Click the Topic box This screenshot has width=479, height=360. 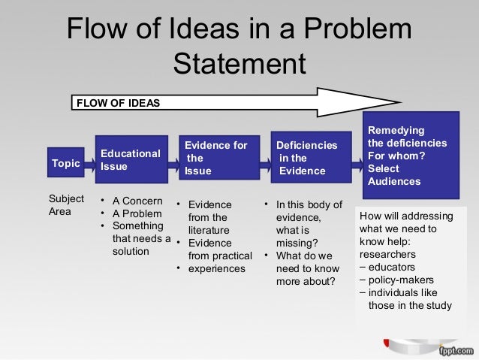[65, 162]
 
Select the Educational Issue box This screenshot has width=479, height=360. [131, 160]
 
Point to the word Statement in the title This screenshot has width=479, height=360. [239, 64]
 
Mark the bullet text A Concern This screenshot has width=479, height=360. [136, 201]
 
